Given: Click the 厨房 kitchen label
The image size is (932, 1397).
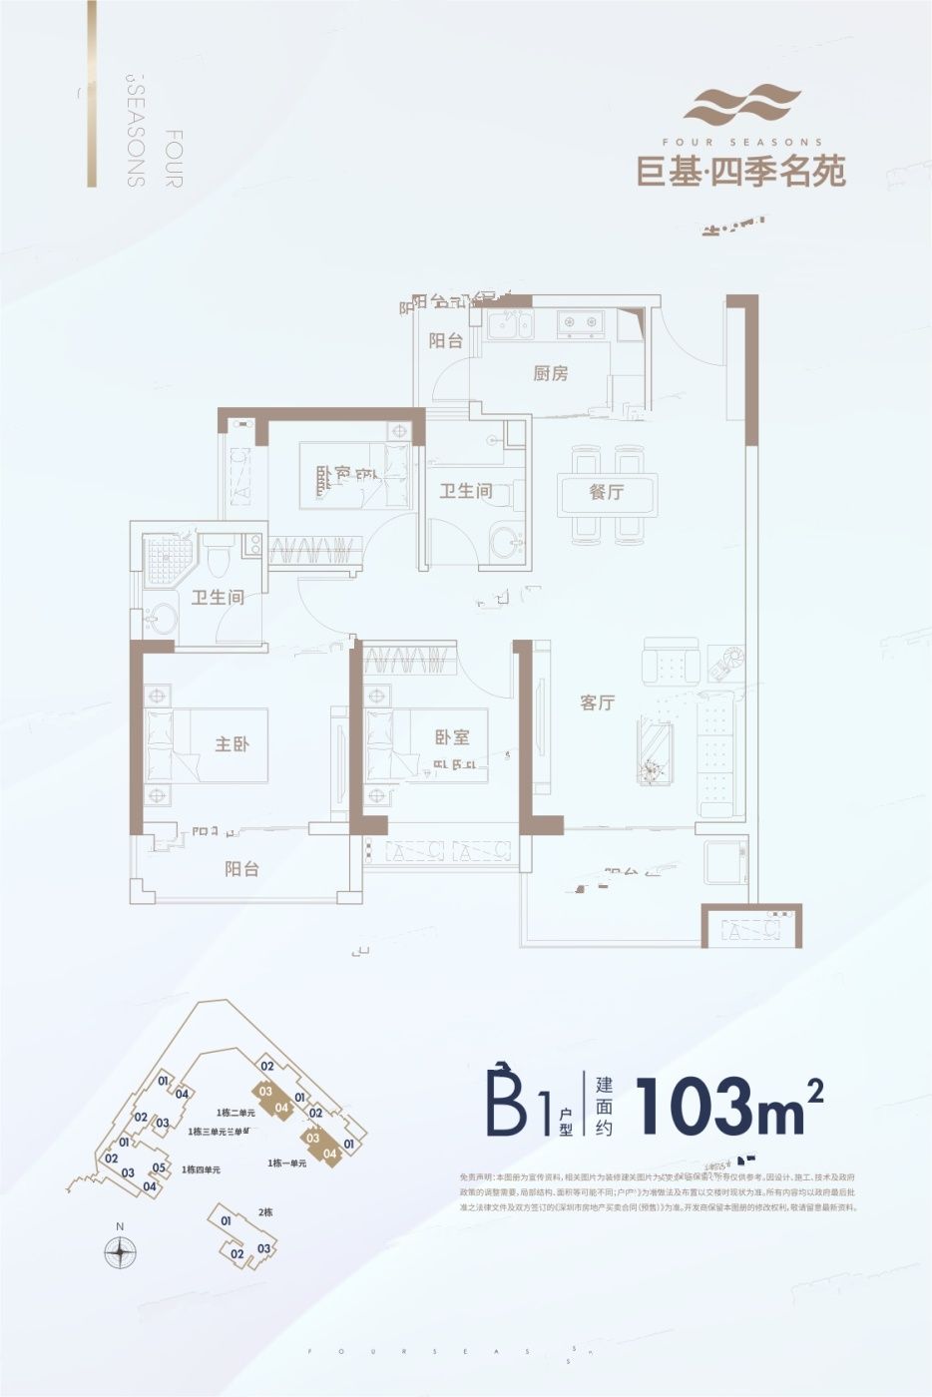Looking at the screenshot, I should [x=551, y=374].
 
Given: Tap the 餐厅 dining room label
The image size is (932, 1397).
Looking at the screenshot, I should [x=607, y=492].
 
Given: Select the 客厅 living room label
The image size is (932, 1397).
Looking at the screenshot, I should [x=597, y=702].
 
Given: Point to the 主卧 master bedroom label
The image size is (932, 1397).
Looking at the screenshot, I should [x=232, y=744].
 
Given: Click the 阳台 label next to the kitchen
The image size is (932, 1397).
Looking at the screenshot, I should [x=446, y=340].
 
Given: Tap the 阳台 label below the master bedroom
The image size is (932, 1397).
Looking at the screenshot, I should [x=241, y=868].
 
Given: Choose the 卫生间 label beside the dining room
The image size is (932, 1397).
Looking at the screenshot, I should [x=466, y=491].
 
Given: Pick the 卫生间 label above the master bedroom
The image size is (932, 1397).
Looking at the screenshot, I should [x=218, y=598].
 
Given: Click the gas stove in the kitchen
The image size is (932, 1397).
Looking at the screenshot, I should [x=580, y=322].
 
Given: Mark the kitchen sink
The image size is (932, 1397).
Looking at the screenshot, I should [x=509, y=322].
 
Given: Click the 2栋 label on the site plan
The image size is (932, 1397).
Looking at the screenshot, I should [x=264, y=1211].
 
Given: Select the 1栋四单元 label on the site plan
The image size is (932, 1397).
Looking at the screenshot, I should [x=202, y=1168].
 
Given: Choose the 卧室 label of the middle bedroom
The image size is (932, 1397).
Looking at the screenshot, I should [x=452, y=737].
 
